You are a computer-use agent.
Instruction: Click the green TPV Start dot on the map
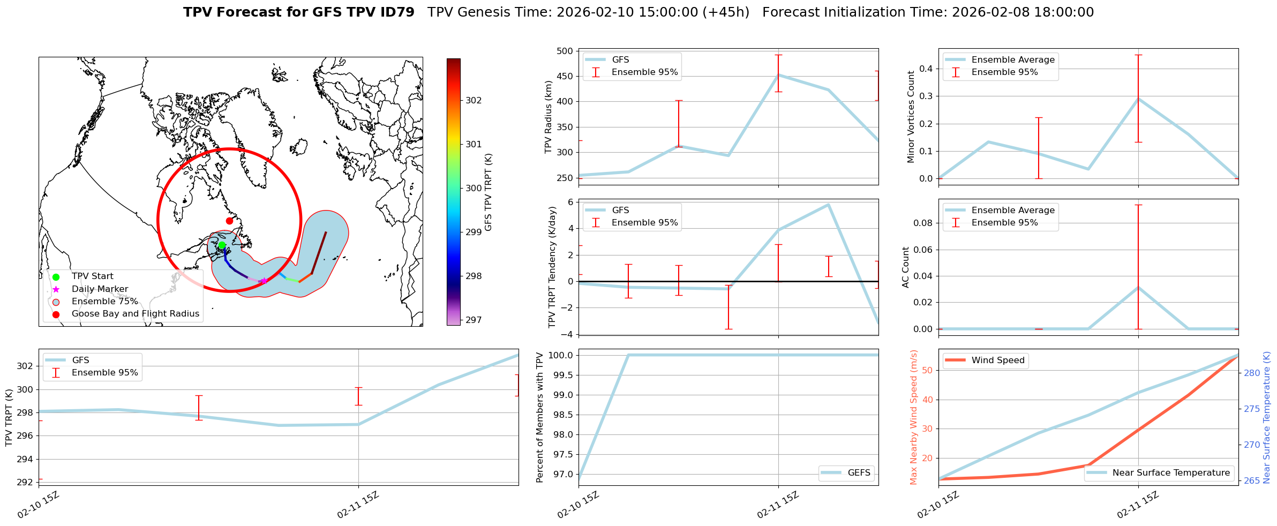click(222, 245)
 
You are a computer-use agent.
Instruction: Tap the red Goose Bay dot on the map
click(229, 221)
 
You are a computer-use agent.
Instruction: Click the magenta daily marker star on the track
click(264, 281)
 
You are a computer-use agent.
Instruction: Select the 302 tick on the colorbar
click(474, 100)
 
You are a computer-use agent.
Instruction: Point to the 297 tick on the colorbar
click(474, 320)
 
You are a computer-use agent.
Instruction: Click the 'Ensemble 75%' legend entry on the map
click(104, 302)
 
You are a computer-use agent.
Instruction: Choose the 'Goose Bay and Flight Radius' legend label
click(135, 314)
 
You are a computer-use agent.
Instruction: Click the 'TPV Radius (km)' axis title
click(548, 117)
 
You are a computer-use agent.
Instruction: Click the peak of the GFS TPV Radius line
click(778, 75)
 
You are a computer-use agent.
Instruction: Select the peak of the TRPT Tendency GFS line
click(828, 205)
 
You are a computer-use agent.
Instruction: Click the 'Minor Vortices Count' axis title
click(911, 117)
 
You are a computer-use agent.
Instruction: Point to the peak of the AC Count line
click(1138, 288)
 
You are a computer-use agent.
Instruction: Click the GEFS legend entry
click(859, 473)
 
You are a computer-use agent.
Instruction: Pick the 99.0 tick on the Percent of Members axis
click(562, 395)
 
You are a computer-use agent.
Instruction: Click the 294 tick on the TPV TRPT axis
click(26, 459)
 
